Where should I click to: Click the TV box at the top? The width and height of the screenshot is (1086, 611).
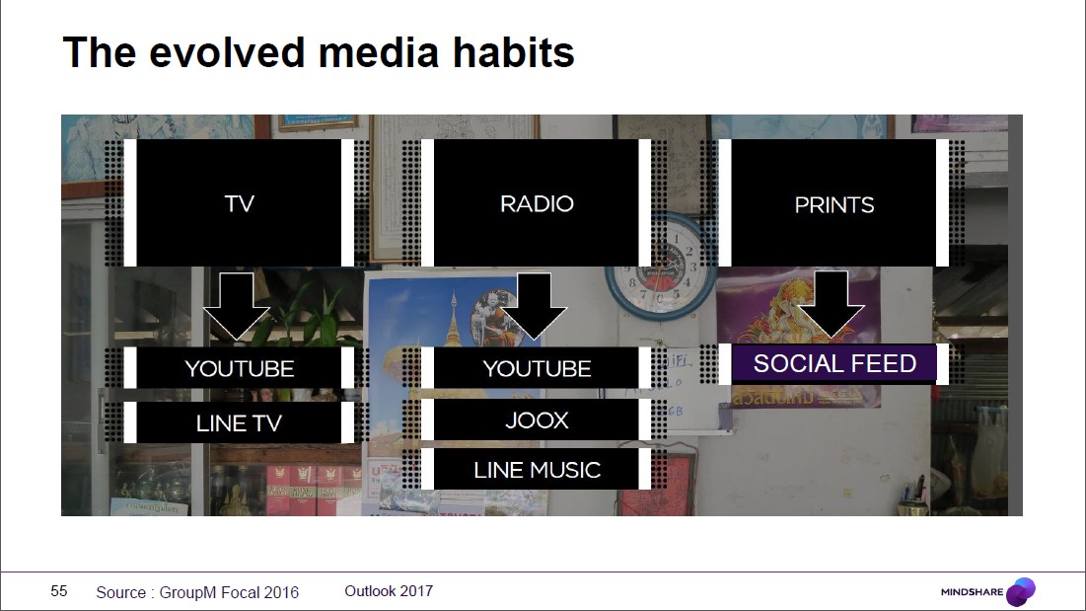tap(239, 203)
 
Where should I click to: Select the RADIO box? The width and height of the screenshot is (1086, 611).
tap(536, 203)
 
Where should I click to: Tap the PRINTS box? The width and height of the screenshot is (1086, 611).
tap(833, 203)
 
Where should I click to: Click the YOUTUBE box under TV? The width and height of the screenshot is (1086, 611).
tap(239, 368)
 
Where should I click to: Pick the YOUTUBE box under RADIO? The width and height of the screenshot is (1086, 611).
tap(536, 368)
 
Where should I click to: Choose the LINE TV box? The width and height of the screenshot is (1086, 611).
tap(239, 422)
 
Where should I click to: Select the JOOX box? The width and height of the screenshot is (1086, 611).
tap(536, 420)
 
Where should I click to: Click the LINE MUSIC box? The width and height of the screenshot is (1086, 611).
tap(536, 469)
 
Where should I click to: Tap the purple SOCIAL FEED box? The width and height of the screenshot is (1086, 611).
tap(833, 363)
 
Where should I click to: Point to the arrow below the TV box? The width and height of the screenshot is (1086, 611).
tap(236, 306)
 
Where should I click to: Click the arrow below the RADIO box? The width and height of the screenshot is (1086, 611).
tap(534, 306)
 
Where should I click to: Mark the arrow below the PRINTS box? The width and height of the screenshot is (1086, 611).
tap(831, 304)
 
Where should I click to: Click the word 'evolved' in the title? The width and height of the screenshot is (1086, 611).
tap(227, 52)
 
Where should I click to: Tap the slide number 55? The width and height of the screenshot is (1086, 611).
tap(59, 591)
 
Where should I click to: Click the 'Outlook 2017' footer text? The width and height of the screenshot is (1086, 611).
tap(389, 591)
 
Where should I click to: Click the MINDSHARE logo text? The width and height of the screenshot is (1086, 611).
tap(972, 591)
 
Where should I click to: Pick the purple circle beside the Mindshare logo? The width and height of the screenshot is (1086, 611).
tap(1021, 591)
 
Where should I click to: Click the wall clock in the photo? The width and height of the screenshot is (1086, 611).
tap(661, 267)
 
